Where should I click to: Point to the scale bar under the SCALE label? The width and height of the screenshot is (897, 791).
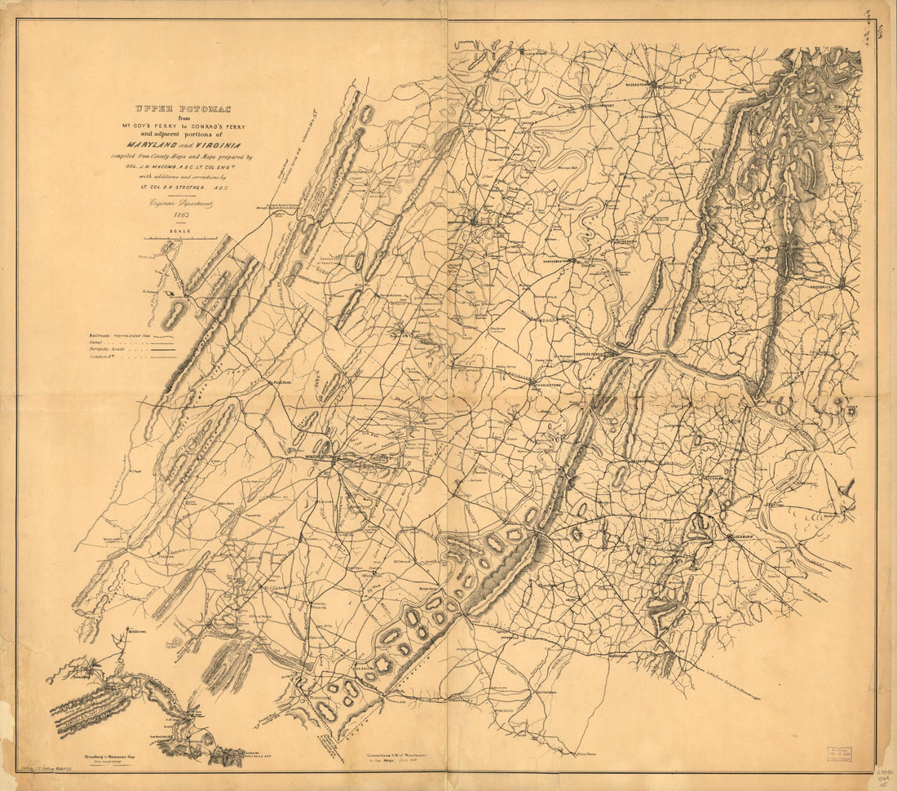click(180, 237)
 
